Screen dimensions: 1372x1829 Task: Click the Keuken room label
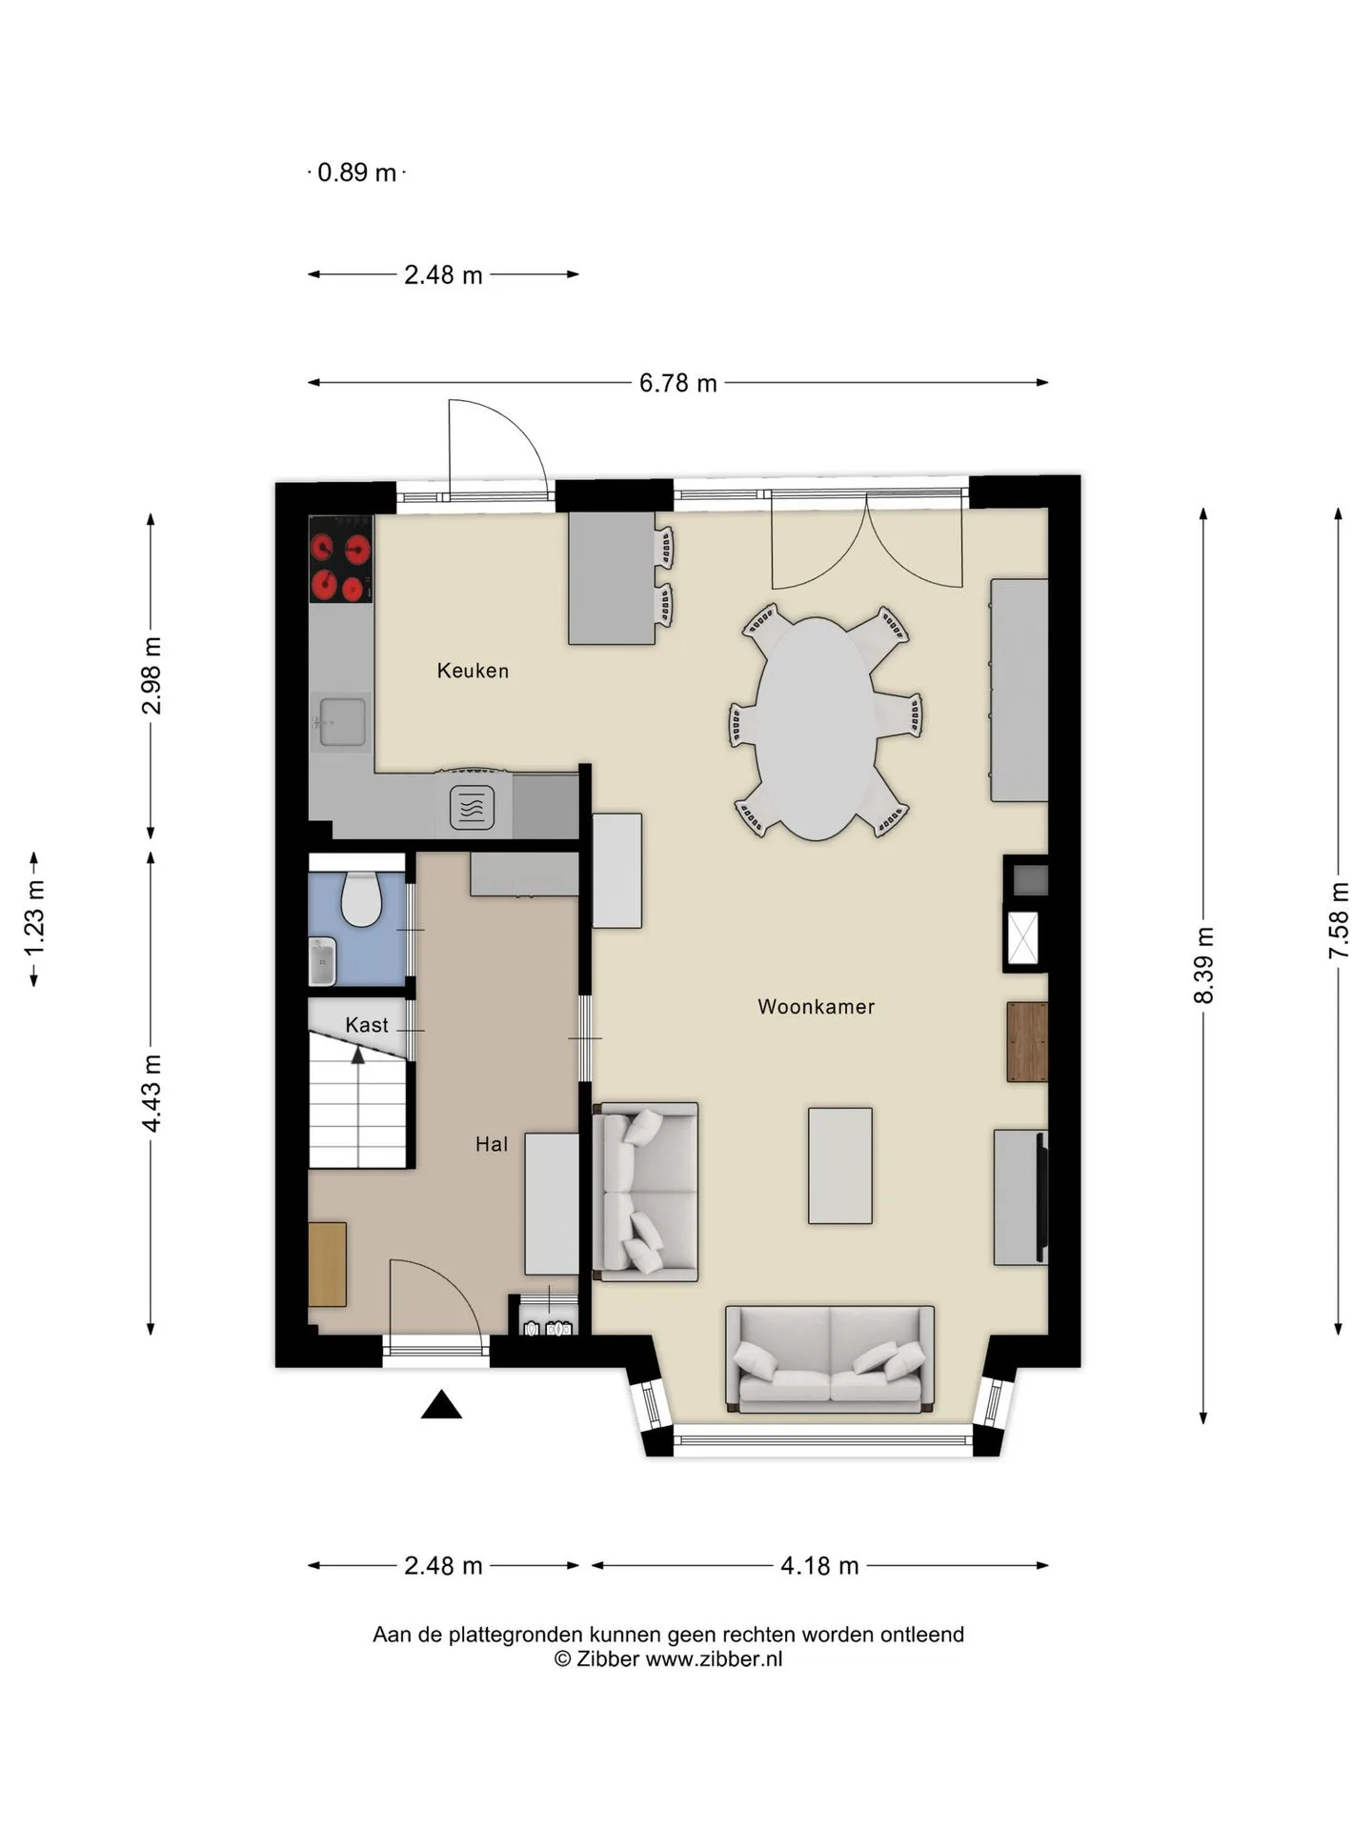(x=473, y=671)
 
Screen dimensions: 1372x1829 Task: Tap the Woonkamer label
(x=816, y=1006)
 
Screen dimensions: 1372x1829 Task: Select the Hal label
(x=492, y=1144)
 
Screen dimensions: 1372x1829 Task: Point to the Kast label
(x=367, y=1025)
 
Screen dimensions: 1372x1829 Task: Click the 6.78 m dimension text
(x=677, y=383)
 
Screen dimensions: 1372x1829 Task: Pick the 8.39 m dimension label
(x=1203, y=964)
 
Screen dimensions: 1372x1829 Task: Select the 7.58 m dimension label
(x=1339, y=921)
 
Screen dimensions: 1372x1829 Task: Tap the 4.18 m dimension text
(x=819, y=1565)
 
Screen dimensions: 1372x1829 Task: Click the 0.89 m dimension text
(x=356, y=172)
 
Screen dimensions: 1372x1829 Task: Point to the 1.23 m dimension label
(x=34, y=919)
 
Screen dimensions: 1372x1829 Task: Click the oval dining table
(x=817, y=729)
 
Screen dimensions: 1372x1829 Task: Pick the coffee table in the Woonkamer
(x=840, y=1165)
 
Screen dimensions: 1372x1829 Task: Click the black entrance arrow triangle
(x=441, y=1405)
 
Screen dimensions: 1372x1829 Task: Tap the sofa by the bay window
(x=829, y=1359)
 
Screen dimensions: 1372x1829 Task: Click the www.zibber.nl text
(x=715, y=1658)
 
